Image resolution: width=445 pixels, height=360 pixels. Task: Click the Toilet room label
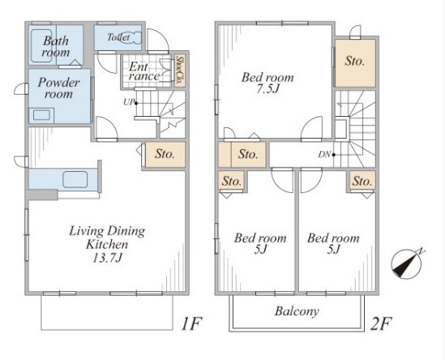click(118, 37)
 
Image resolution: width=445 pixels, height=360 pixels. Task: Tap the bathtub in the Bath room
click(41, 45)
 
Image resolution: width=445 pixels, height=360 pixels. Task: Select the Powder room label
click(58, 88)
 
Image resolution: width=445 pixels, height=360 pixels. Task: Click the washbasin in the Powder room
click(41, 115)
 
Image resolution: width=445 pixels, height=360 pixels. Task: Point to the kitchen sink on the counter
click(75, 179)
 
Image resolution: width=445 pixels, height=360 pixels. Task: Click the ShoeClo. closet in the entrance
click(179, 71)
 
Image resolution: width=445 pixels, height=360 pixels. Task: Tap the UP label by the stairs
click(128, 102)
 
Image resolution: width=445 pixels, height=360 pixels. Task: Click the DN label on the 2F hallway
click(324, 154)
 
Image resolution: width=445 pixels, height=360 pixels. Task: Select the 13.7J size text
click(108, 258)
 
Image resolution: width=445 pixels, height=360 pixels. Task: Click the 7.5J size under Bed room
click(267, 89)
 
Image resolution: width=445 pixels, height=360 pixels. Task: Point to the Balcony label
click(297, 311)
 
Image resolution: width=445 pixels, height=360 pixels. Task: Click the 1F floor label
click(191, 324)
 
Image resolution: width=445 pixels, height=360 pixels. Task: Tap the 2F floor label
click(381, 324)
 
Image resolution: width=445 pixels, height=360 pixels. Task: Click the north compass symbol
click(406, 264)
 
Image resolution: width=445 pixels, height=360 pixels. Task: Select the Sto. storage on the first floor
click(165, 154)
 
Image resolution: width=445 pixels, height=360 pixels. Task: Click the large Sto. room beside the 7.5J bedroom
click(355, 63)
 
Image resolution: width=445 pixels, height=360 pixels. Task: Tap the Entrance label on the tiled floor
click(144, 71)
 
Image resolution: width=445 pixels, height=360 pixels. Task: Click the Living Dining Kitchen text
click(107, 238)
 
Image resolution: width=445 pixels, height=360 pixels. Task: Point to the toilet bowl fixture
click(132, 37)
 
